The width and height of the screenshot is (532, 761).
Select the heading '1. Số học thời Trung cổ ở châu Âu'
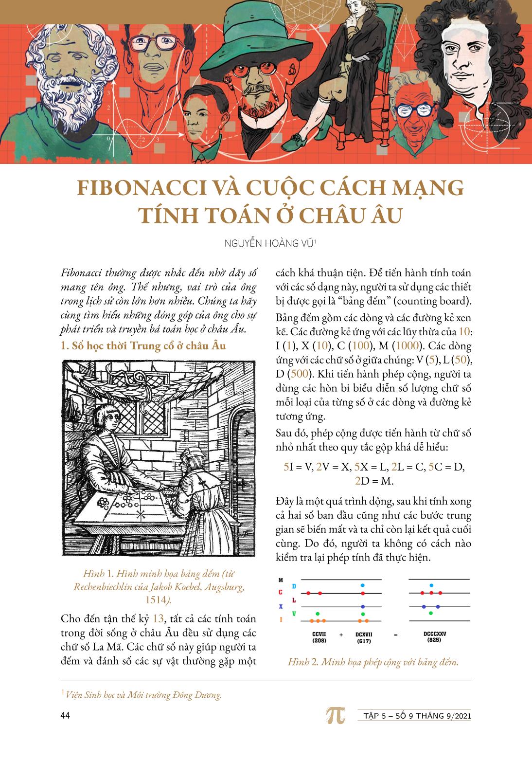tap(143, 347)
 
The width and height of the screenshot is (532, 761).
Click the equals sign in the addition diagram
tap(395, 635)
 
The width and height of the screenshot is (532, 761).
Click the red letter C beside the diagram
tap(280, 593)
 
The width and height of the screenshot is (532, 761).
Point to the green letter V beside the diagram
tap(293, 614)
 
